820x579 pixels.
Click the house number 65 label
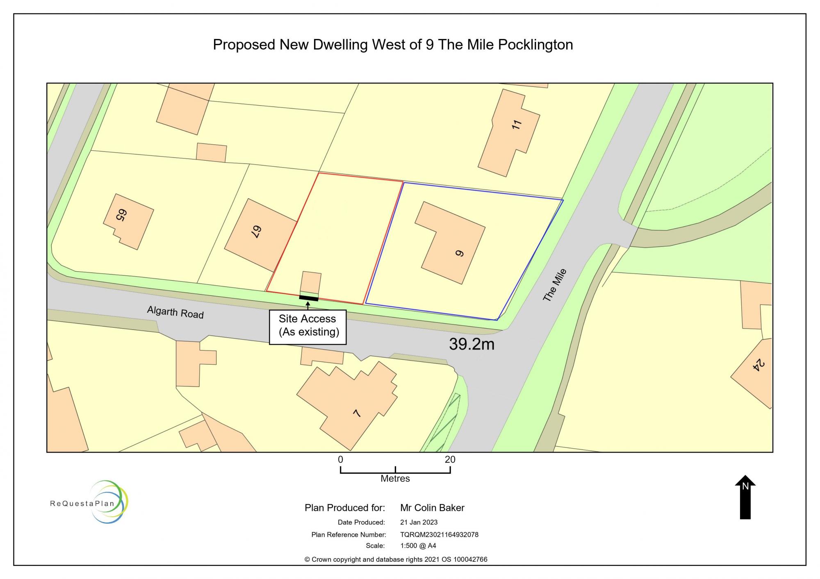click(x=121, y=216)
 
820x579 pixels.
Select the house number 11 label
click(x=517, y=125)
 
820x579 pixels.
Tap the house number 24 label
click(x=759, y=365)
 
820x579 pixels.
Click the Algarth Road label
click(x=175, y=312)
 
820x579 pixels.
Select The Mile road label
click(x=554, y=285)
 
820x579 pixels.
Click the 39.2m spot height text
click(x=471, y=344)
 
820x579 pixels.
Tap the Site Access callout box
click(x=308, y=327)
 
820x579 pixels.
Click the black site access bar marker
click(x=309, y=298)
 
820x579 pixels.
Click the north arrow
click(x=745, y=497)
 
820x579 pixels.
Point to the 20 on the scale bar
click(x=450, y=460)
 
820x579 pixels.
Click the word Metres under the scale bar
click(x=395, y=479)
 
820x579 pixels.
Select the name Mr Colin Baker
click(x=432, y=508)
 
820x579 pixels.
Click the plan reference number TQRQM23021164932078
click(x=439, y=534)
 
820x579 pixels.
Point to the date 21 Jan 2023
click(x=419, y=522)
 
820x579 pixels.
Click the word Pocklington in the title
click(x=535, y=44)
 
